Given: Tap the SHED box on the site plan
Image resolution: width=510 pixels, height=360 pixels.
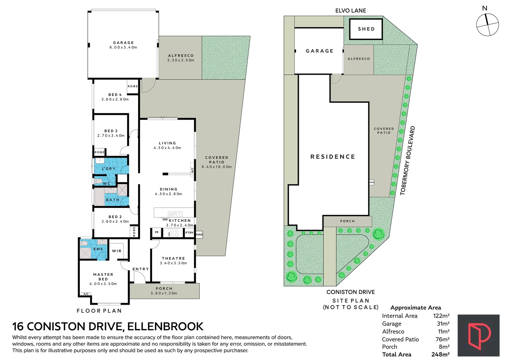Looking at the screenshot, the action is click(366, 29).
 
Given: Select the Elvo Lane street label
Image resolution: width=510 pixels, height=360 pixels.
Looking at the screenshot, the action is click(351, 11).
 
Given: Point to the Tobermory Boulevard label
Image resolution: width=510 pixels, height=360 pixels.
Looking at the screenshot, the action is click(408, 161).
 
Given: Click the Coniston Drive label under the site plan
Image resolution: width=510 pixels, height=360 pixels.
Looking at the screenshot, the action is click(351, 292).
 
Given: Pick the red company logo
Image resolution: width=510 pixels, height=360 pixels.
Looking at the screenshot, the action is click(479, 335).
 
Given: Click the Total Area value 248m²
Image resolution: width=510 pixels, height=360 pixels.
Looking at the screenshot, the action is click(440, 354).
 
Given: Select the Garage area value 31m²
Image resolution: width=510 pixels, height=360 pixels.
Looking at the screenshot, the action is click(443, 324).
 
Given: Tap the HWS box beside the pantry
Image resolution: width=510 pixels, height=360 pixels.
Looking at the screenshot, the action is click(199, 235).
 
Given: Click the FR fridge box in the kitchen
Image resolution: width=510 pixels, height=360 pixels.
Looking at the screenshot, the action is click(157, 232).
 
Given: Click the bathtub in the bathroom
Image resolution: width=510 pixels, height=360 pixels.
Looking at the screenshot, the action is click(99, 197).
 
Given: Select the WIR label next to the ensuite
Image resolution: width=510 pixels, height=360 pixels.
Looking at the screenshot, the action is click(116, 251).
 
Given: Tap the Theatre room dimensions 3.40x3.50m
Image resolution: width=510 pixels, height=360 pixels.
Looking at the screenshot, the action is click(173, 263).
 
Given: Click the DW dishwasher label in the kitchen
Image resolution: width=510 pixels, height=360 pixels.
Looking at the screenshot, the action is click(165, 220).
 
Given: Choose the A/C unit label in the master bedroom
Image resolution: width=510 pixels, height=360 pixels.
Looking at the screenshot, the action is click(86, 294).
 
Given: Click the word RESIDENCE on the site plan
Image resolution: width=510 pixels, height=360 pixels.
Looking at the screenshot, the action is click(333, 157).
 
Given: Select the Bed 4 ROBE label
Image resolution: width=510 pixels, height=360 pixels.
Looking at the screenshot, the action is click(133, 86).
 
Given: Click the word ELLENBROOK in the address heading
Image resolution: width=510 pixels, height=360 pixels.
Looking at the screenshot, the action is click(165, 326).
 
